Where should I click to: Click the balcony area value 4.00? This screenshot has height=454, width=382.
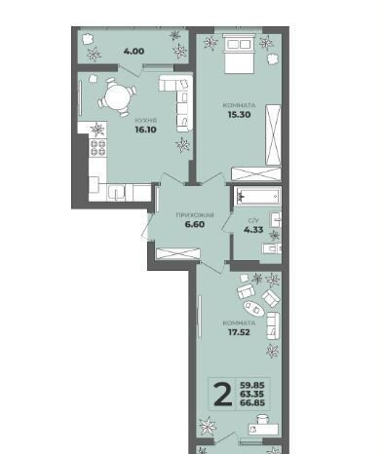pyautogui.click(x=134, y=52)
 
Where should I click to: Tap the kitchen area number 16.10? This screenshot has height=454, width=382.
pyautogui.click(x=145, y=130)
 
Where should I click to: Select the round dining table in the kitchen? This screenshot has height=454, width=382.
pyautogui.click(x=117, y=97)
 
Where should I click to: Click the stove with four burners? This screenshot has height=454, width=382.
pyautogui.click(x=97, y=148)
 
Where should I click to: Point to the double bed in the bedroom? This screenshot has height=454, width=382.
pyautogui.click(x=239, y=55)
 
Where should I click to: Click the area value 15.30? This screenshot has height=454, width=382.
pyautogui.click(x=239, y=114)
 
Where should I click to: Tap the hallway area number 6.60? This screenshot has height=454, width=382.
pyautogui.click(x=195, y=224)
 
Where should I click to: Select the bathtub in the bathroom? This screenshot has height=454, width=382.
pyautogui.click(x=257, y=196)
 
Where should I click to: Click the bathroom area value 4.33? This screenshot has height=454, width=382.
pyautogui.click(x=253, y=230)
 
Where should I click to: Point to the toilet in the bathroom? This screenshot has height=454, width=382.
pyautogui.click(x=272, y=248)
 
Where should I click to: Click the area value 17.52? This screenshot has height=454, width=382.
pyautogui.click(x=239, y=332)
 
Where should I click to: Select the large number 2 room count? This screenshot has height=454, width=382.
pyautogui.click(x=223, y=395)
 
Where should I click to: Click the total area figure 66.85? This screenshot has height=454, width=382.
pyautogui.click(x=252, y=403)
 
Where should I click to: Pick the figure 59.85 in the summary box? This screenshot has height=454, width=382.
pyautogui.click(x=252, y=386)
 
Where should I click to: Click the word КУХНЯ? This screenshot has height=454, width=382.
pyautogui.click(x=146, y=121)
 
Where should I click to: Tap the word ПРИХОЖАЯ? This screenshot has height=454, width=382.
pyautogui.click(x=195, y=215)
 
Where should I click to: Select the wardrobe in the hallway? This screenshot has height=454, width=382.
pyautogui.click(x=177, y=253)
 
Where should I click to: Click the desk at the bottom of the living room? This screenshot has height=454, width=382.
pyautogui.click(x=263, y=429)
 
